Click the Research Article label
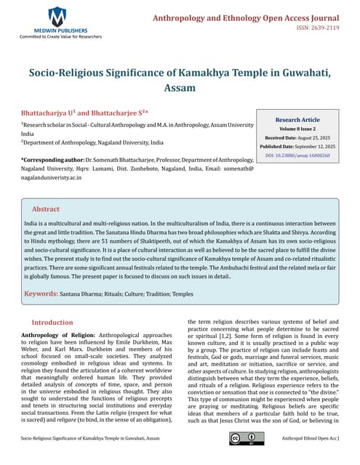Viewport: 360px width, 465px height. pos(298,119)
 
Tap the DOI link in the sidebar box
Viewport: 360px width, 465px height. pos(298,155)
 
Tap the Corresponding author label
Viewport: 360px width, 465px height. pos(52,158)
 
